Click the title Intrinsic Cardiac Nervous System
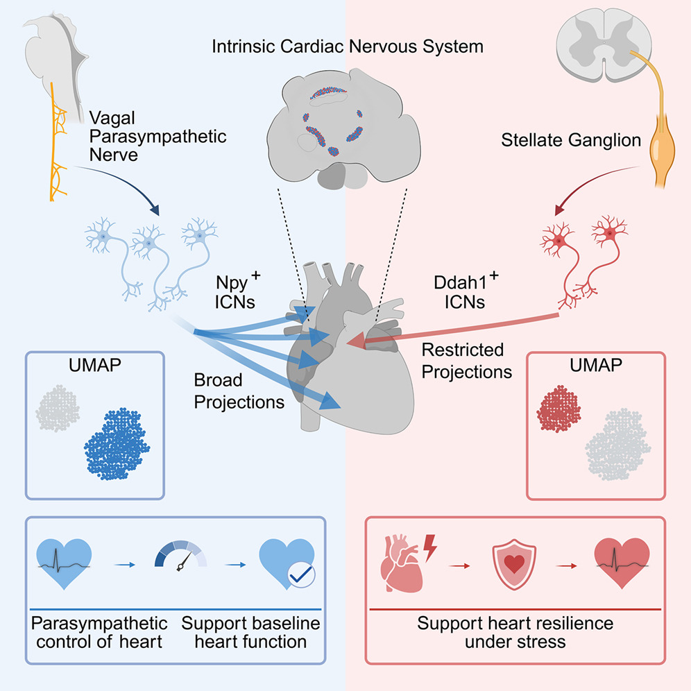[x=348, y=46]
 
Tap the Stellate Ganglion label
[x=571, y=140]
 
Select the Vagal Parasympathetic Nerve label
[x=157, y=137]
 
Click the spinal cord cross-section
[x=604, y=45]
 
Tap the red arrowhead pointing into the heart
[x=356, y=341]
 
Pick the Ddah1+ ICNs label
[x=466, y=291]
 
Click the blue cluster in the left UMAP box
[x=117, y=443]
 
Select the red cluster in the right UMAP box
[x=558, y=409]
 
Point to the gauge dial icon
[x=180, y=556]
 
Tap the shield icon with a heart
[x=514, y=565]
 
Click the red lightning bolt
[x=429, y=548]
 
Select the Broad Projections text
[x=239, y=391]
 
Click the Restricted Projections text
[x=467, y=361]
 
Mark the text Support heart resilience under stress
[x=515, y=633]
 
